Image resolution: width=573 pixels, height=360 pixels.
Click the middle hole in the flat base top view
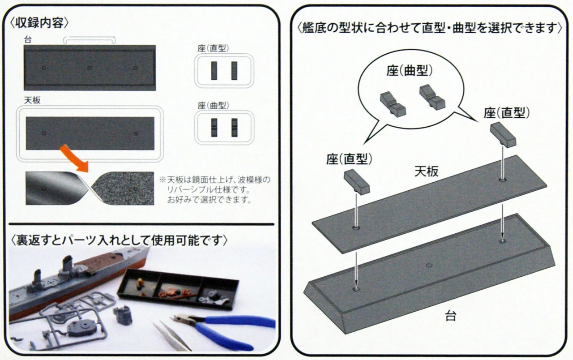90,68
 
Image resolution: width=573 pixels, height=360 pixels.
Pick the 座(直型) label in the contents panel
213,48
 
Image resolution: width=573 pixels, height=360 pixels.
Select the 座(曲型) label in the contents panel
213,105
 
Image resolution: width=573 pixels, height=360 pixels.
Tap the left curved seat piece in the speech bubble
393,104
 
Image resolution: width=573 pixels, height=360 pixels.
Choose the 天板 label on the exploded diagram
426,171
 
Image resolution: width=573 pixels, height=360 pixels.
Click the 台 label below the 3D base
451,316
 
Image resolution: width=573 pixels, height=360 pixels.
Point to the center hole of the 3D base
429,266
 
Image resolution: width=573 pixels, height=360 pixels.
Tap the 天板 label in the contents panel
33,100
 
